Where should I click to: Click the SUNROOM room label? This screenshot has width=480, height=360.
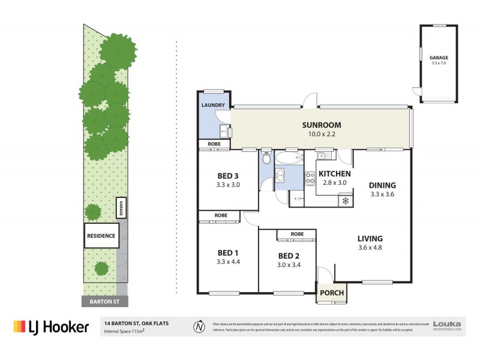point(321,125)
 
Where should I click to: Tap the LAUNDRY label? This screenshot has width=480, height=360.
point(213,106)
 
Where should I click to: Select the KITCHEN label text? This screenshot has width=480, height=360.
point(334,173)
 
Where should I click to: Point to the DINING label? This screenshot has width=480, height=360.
point(383,185)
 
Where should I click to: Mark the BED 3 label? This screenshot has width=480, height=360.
point(228,176)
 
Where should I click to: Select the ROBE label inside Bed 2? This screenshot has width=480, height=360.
point(296,234)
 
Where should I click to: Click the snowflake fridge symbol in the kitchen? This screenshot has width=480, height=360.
point(345,200)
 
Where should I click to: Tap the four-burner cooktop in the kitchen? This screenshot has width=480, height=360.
point(311,178)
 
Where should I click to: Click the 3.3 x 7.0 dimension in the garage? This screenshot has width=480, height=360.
point(439,63)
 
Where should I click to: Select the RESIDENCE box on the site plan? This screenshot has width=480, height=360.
point(101,236)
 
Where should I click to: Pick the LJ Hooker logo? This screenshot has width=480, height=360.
point(51,326)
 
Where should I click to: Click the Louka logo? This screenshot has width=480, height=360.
point(447,325)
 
